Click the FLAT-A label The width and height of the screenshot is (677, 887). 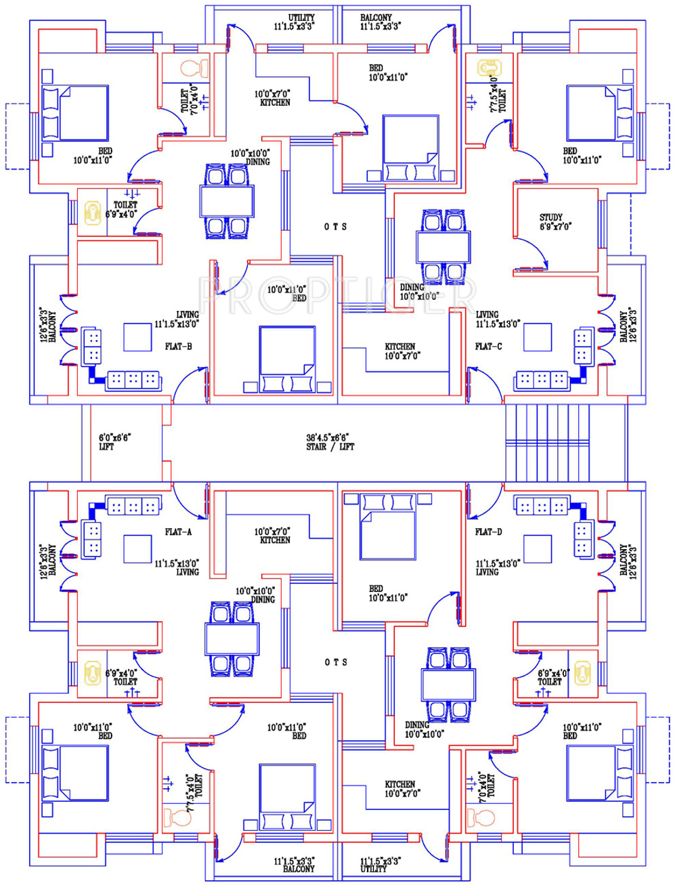pos(178,532)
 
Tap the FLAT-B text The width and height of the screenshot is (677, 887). pos(178,347)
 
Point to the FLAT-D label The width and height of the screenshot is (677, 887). pos(488,532)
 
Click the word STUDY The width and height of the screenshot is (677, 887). pos(550,217)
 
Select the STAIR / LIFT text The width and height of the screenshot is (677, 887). pos(330,447)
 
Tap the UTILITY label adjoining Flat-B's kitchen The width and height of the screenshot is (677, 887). pos(301,18)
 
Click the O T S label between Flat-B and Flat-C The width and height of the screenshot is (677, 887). pos(336,227)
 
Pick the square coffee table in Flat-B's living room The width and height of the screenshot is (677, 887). pos(137,337)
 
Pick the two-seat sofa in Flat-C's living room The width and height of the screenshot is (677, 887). pos(582,346)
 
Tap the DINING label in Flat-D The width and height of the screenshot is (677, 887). pos(418,725)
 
